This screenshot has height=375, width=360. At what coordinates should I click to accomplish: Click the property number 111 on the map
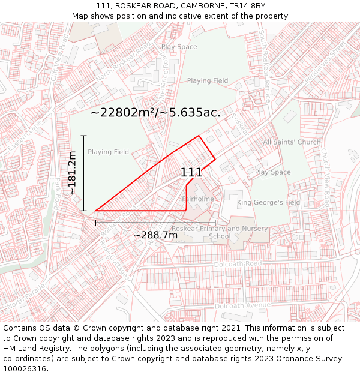point(191,172)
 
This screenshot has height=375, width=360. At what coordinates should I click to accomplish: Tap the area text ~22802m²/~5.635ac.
point(155,112)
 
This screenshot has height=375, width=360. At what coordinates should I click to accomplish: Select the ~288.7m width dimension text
point(155,235)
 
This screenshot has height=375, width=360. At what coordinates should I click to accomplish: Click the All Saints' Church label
point(292,142)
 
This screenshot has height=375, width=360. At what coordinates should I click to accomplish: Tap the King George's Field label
point(268,203)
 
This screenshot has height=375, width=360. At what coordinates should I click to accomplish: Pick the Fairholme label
point(198,199)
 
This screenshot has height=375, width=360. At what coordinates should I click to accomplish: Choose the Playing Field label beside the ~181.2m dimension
point(109,152)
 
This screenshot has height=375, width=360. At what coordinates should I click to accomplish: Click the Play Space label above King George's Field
point(272,172)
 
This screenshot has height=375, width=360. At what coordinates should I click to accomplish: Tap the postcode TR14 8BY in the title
point(249,5)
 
